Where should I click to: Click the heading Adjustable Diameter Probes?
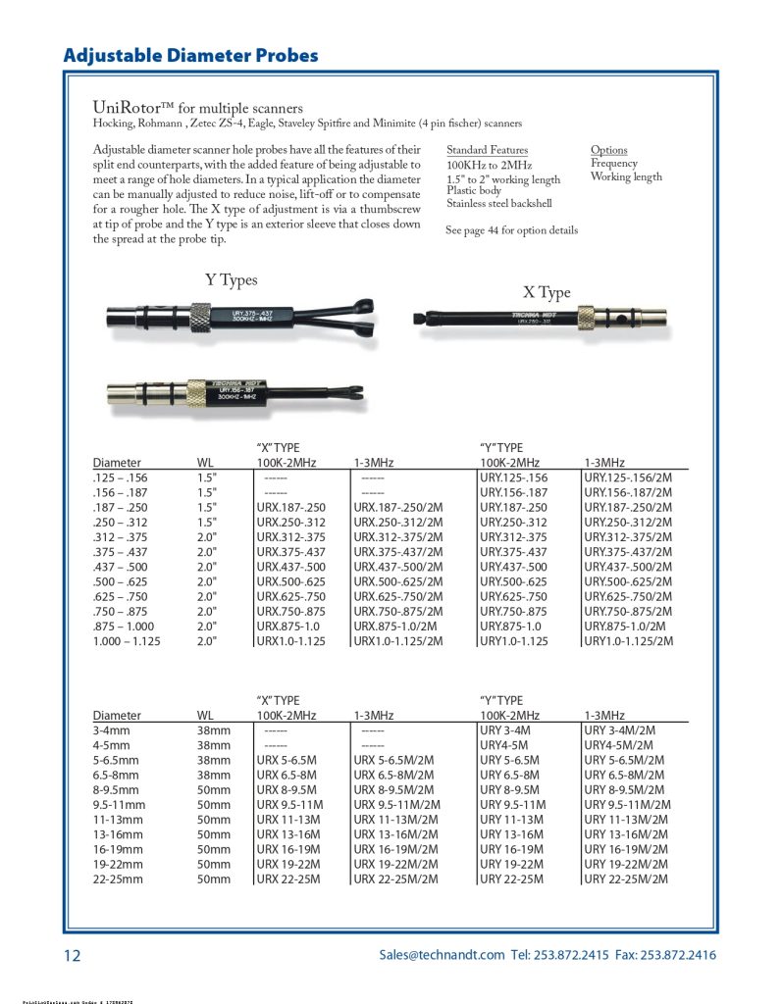tap(190, 55)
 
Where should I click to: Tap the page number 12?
tap(73, 956)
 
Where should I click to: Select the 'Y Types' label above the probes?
tap(231, 280)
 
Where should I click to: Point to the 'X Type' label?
tap(547, 292)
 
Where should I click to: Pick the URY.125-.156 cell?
tap(512, 477)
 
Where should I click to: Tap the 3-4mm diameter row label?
tap(110, 730)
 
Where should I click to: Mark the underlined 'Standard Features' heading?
tap(487, 150)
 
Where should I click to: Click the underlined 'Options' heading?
tap(608, 150)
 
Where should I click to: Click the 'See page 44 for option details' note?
tap(511, 230)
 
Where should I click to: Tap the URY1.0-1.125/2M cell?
tap(629, 641)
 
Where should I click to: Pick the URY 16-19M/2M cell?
tap(625, 850)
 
